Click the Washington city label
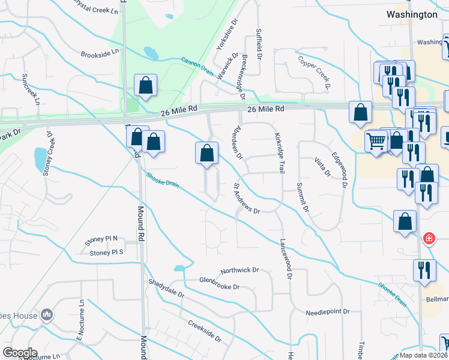click(412, 14)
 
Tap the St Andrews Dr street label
click(246, 199)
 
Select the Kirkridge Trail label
click(280, 154)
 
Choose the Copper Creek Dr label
click(314, 73)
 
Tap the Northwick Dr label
click(239, 271)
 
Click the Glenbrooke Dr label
click(220, 282)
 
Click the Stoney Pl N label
click(102, 239)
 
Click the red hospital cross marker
click(429, 239)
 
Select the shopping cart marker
click(376, 142)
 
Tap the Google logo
click(20, 353)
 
